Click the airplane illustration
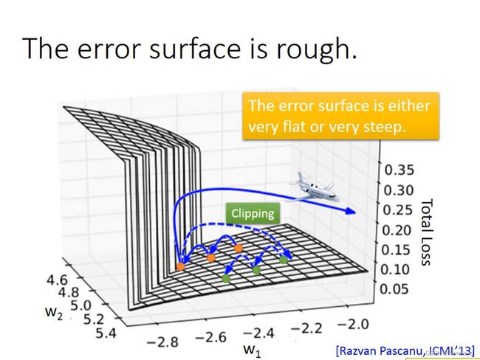pos(315,187)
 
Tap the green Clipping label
pos(253,213)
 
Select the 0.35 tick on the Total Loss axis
pos(399,170)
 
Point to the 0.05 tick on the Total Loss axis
pos(394,288)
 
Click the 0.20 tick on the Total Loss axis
pos(397,229)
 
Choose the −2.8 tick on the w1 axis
pos(162,342)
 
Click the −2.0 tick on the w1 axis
pos(353,324)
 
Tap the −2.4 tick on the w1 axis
pos(258,333)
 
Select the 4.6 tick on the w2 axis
pos(57,280)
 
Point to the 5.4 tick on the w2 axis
pos(106,333)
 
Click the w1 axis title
pos(253,350)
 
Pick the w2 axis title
pos(54,313)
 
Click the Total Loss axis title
pos(427,232)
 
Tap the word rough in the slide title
pos(317,49)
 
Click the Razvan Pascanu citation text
pos(405,350)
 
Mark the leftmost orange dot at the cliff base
pos(181,266)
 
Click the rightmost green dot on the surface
pos(284,260)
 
